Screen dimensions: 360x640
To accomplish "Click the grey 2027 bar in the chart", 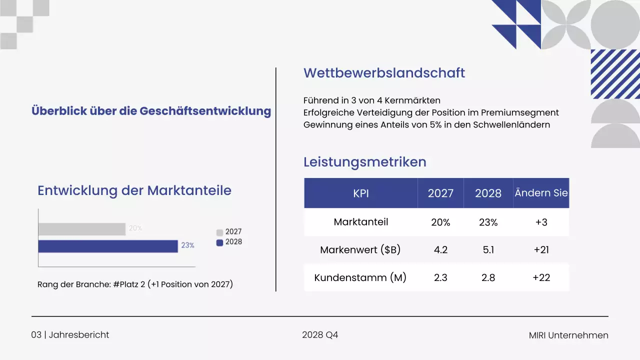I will [82, 229].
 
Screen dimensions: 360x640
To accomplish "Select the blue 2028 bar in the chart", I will [108, 246].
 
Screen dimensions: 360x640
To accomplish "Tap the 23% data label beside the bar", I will [187, 245].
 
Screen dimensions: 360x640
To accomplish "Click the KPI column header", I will [360, 193].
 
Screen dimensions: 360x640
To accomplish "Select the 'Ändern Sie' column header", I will [541, 193].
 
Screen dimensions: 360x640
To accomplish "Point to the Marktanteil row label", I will [360, 222].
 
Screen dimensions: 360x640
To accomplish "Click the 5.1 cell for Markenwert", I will [488, 249].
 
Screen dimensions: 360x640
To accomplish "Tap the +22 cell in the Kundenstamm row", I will [541, 277].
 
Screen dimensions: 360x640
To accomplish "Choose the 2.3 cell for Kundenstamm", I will [440, 277].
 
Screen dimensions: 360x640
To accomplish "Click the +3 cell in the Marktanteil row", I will [541, 222].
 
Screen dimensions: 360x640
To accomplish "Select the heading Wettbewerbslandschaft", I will [384, 73].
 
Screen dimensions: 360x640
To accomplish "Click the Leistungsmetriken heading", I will [364, 162].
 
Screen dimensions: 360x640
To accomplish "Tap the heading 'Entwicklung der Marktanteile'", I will [134, 190].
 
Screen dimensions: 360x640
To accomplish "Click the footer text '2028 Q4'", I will [320, 335].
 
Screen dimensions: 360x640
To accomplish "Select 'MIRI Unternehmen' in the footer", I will [568, 335].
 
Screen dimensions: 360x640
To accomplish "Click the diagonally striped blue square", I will [615, 74].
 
